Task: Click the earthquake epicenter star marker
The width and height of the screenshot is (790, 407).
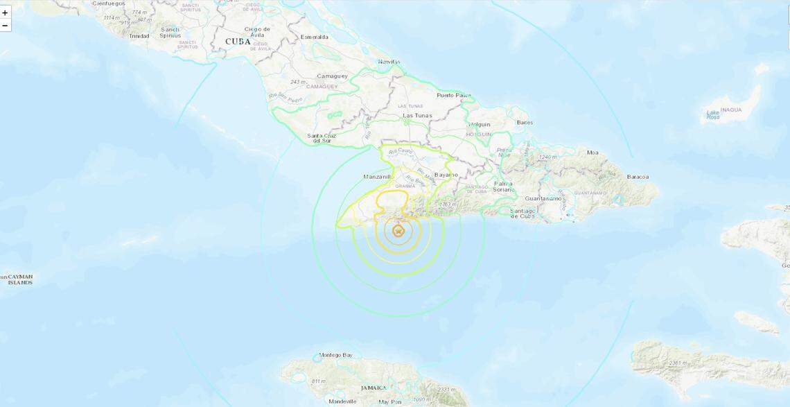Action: tap(398, 231)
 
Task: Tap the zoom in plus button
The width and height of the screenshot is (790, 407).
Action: tap(6, 12)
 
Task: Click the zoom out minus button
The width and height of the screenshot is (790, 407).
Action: tap(6, 26)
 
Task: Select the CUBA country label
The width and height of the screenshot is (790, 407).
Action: tap(237, 42)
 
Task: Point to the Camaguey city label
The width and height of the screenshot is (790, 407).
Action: tap(332, 76)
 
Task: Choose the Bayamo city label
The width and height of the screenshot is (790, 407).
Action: tap(446, 175)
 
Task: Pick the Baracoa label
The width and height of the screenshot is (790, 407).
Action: tap(638, 177)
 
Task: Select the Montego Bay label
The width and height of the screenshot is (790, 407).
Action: tap(336, 356)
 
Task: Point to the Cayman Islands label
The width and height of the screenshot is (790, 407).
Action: tap(17, 279)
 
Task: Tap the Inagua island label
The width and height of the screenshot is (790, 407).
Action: tap(730, 110)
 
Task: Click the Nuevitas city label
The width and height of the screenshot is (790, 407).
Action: tap(389, 62)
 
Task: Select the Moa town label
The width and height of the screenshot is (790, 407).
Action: tap(592, 153)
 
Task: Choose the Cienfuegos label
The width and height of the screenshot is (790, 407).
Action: tap(108, 3)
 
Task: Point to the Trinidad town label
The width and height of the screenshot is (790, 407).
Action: tap(139, 35)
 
